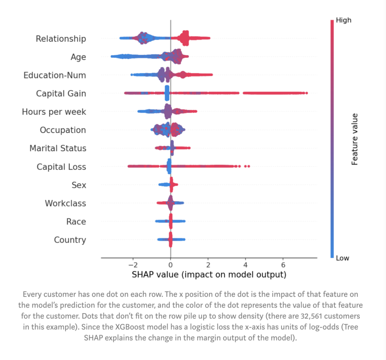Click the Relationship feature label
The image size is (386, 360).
tap(61, 39)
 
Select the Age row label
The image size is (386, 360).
tap(78, 57)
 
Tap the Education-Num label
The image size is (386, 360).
tap(55, 75)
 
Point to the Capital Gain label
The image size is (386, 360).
tap(61, 94)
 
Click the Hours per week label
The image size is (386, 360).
tap(54, 112)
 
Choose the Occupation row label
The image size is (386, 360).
tap(63, 130)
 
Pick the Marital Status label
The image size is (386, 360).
tap(58, 148)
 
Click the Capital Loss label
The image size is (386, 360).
tap(61, 167)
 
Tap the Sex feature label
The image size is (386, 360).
tap(79, 185)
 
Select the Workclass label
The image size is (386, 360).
tap(65, 203)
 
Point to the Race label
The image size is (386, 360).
tap(76, 221)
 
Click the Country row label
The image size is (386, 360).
tap(70, 240)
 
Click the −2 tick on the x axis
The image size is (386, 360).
tap(132, 265)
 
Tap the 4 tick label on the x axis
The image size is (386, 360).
tap(246, 265)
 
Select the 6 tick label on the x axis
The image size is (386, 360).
tap(283, 265)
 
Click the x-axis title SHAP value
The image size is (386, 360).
tap(209, 275)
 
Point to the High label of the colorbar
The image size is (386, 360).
tap(343, 20)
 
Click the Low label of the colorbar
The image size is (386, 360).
tap(342, 258)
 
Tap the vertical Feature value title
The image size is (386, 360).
tap(355, 139)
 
